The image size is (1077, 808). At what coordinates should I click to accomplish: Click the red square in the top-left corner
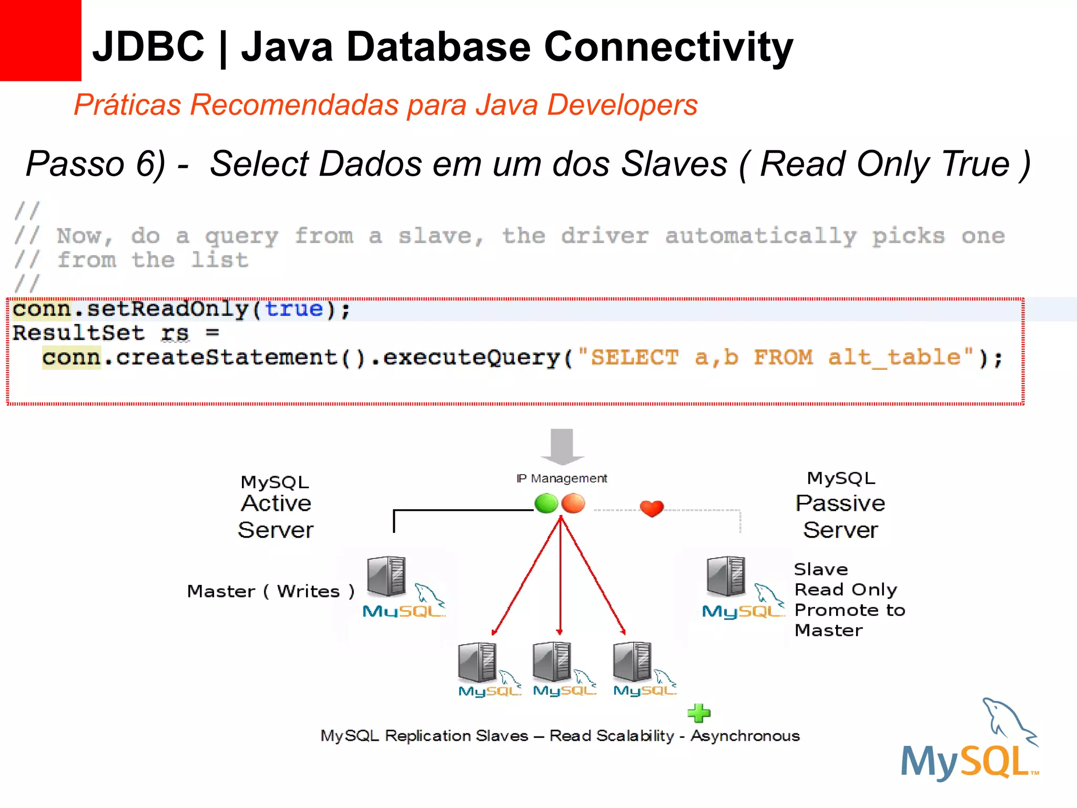40,41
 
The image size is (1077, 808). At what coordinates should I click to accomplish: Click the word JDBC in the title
148,46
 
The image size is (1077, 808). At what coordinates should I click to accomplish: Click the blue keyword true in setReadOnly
293,309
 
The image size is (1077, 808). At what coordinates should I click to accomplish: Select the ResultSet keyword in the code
78,333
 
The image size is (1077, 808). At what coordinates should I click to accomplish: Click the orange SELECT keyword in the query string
634,358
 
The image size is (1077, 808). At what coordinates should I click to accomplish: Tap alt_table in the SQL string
894,358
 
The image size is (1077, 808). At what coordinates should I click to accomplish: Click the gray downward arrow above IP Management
562,446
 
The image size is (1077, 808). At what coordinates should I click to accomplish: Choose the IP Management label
562,478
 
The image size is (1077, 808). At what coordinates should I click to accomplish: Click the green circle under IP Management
546,503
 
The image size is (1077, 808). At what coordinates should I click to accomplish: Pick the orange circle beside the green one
573,503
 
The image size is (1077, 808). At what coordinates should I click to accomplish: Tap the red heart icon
652,508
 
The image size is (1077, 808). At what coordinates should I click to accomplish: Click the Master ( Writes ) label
270,591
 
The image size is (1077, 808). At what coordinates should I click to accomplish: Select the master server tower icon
387,576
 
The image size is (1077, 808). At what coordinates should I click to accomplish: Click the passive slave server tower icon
726,576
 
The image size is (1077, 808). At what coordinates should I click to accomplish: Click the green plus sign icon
699,713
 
